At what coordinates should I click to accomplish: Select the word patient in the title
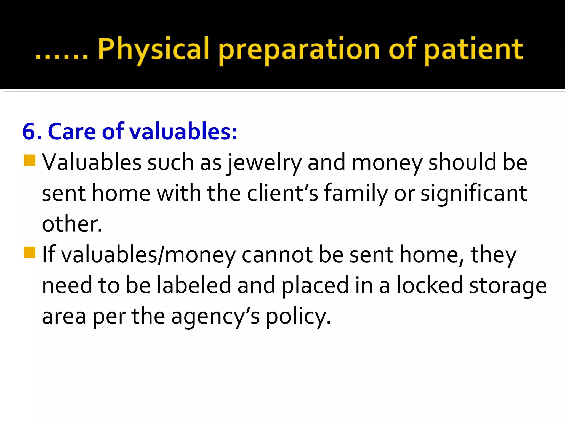click(473, 50)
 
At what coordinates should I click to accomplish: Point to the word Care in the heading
click(72, 131)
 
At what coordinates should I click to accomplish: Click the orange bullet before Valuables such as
click(30, 160)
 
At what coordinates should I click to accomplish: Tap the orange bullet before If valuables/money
click(30, 252)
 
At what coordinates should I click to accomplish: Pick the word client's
click(282, 193)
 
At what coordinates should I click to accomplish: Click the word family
click(356, 194)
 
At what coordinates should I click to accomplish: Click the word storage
click(508, 286)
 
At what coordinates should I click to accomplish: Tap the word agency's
click(215, 316)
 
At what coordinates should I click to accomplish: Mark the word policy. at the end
click(298, 316)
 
